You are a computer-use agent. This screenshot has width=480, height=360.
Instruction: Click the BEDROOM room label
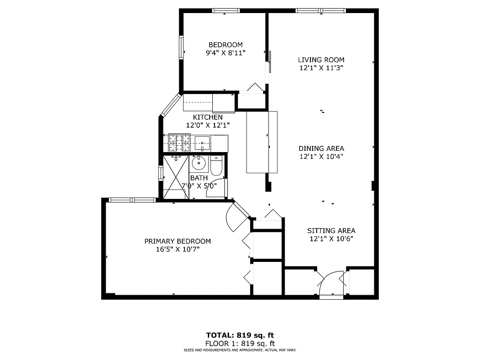click(225, 45)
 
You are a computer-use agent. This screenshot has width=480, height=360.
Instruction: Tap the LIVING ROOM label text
click(321, 60)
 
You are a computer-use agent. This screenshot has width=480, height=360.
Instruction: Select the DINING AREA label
click(321, 148)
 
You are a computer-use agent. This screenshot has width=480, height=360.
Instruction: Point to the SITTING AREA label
click(331, 231)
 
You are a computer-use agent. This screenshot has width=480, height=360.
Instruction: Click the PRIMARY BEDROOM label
click(177, 241)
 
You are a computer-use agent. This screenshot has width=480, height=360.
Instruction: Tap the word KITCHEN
click(208, 117)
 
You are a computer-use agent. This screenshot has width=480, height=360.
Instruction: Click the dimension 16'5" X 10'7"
click(177, 249)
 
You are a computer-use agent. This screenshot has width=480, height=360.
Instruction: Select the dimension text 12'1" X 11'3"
click(321, 68)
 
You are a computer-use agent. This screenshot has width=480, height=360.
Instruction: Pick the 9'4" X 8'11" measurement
click(225, 53)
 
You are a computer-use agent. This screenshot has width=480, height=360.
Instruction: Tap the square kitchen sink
click(203, 143)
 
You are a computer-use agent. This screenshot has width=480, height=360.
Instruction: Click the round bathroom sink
click(198, 162)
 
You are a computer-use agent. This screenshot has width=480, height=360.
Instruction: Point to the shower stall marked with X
click(175, 176)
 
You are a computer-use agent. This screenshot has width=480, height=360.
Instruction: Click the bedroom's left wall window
click(181, 47)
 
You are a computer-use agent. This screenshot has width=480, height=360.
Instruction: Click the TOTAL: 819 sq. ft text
click(240, 335)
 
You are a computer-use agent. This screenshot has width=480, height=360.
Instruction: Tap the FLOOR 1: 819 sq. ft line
click(240, 343)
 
